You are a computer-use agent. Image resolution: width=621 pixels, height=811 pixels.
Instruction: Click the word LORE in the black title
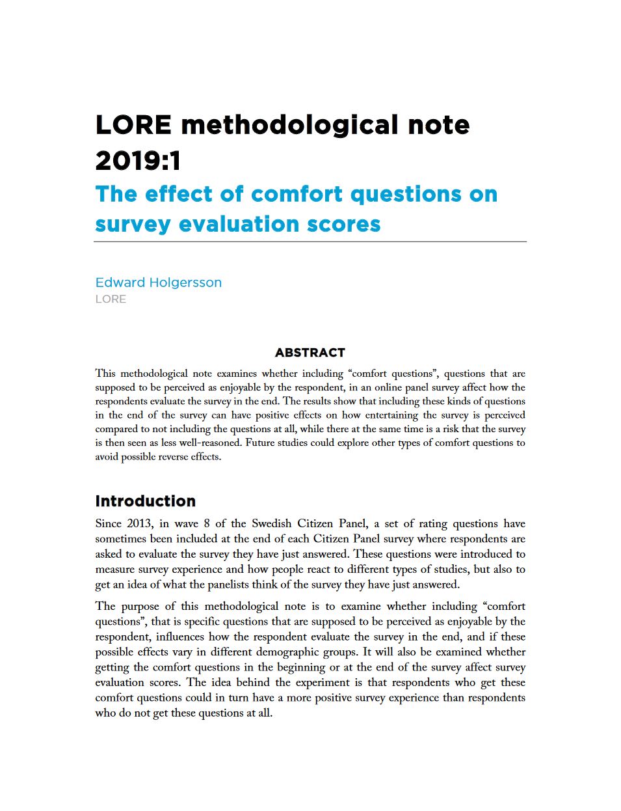(133, 125)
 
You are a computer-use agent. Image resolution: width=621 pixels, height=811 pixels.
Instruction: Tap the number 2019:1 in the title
(138, 160)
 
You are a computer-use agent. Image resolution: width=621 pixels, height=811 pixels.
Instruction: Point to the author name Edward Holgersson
(158, 282)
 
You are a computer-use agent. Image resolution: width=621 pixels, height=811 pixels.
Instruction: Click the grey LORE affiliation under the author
(111, 299)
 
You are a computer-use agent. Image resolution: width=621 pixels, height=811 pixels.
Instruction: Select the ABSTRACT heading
(310, 353)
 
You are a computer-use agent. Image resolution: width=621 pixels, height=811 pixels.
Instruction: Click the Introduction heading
(145, 501)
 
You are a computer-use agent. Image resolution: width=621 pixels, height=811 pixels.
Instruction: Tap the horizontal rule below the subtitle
(310, 242)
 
